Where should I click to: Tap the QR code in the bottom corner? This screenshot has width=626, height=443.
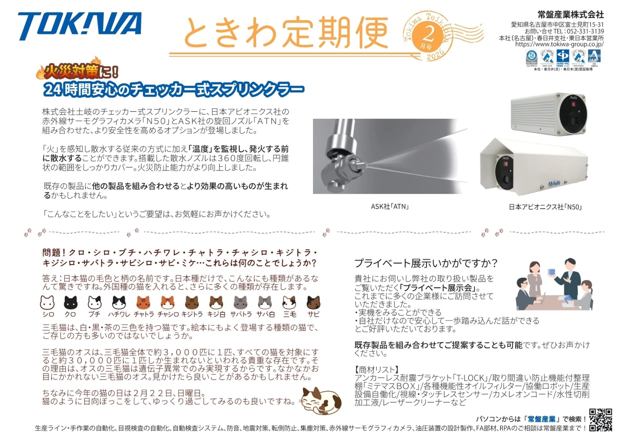coord(600,420)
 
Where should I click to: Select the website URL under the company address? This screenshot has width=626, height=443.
coord(559,44)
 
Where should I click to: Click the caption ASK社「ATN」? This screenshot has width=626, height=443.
coord(390,207)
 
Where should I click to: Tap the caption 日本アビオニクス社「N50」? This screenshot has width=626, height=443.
coord(545,207)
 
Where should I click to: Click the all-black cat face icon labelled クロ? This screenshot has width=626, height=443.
coord(70,302)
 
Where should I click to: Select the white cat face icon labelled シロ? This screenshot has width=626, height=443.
coord(47,302)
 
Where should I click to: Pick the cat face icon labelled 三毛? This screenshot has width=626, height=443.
coord(289,302)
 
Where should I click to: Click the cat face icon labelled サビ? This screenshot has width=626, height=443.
coord(313,302)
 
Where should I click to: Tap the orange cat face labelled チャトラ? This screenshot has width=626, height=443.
coord(143,302)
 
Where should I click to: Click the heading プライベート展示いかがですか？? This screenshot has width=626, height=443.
coord(426,263)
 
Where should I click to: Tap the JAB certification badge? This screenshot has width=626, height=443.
coord(594,57)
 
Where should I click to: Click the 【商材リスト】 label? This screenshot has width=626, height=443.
coord(376,370)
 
